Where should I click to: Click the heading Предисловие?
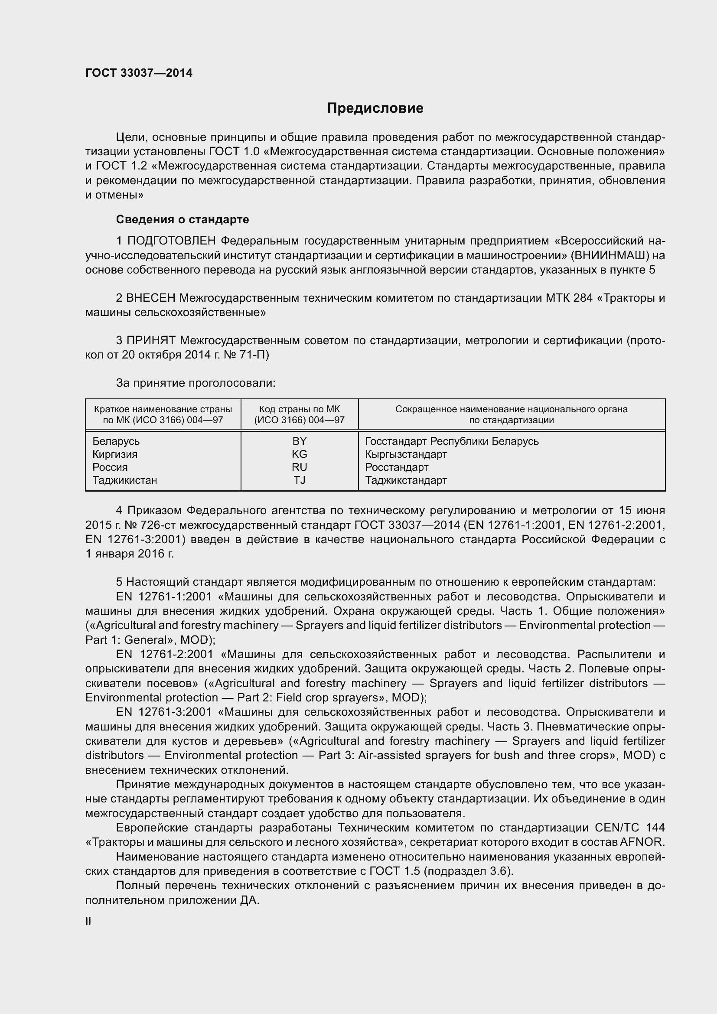[375, 108]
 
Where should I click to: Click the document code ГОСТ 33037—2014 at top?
[139, 73]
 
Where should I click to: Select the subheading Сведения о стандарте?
[183, 219]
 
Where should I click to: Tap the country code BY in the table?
[300, 441]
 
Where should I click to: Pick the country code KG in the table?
[300, 454]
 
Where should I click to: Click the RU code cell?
[300, 467]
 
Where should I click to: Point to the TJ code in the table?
[300, 480]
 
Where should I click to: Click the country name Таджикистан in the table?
[124, 480]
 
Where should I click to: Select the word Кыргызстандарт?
[406, 454]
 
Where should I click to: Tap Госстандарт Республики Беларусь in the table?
[452, 441]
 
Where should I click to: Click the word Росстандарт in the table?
[397, 467]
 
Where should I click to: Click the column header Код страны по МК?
[300, 409]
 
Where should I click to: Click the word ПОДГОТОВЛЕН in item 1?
[171, 241]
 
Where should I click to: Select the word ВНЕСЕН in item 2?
[150, 298]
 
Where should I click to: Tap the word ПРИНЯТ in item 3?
[151, 340]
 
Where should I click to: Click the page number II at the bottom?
[88, 921]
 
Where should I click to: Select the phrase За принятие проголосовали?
[196, 383]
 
